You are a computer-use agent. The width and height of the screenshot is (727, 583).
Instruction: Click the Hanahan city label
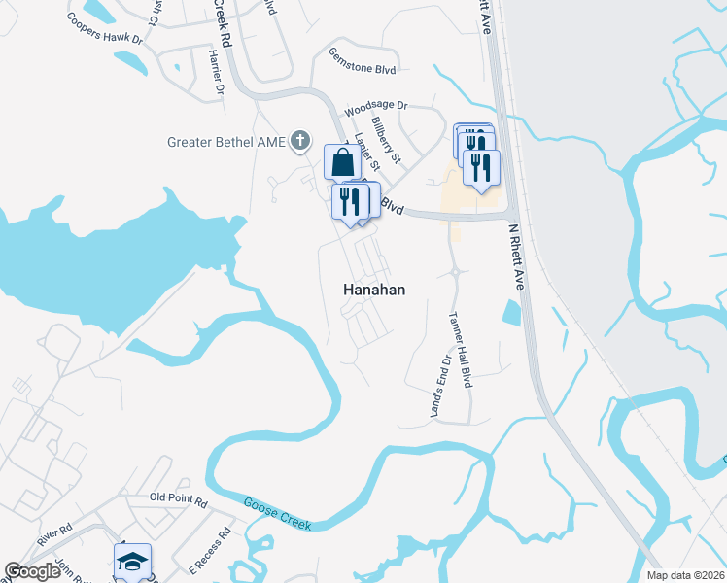pyautogui.click(x=374, y=290)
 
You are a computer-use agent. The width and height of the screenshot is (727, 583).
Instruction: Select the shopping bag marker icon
pyautogui.click(x=343, y=162)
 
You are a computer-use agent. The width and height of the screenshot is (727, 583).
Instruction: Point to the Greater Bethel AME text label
pyautogui.click(x=227, y=143)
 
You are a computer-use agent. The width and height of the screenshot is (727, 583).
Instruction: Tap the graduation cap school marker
pyautogui.click(x=132, y=562)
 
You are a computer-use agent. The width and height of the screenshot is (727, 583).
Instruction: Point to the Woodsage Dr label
pyautogui.click(x=376, y=105)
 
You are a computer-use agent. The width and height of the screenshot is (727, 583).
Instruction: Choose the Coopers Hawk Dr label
pyautogui.click(x=105, y=28)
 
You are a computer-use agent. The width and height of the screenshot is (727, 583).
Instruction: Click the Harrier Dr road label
pyautogui.click(x=216, y=74)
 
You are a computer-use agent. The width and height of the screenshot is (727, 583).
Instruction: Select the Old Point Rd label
pyautogui.click(x=179, y=499)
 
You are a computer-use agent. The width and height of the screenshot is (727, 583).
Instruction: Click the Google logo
pyautogui.click(x=32, y=571)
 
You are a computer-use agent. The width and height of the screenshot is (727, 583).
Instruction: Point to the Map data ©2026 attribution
pyautogui.click(x=685, y=575)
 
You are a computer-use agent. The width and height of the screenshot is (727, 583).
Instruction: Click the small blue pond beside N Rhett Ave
pyautogui.click(x=510, y=313)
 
